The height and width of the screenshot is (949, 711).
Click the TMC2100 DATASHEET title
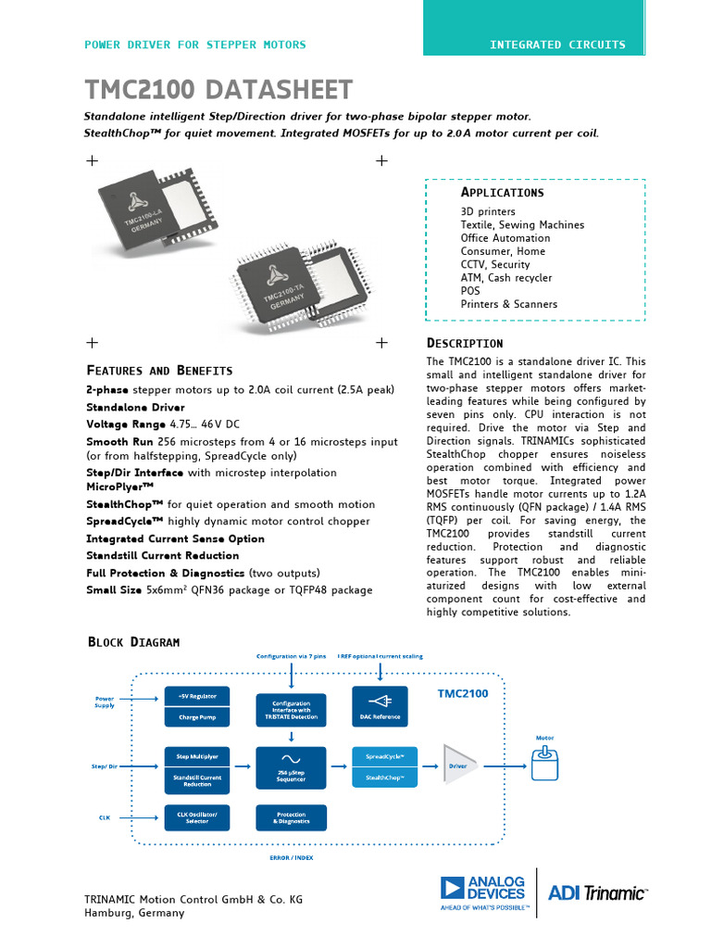click(x=218, y=90)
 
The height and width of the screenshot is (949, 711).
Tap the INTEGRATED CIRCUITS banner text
click(x=557, y=44)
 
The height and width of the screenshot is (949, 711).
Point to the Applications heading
click(x=502, y=193)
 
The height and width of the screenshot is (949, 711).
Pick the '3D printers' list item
click(x=488, y=212)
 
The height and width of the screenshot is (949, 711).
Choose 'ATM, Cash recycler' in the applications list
click(x=505, y=278)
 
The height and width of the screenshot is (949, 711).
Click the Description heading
click(x=465, y=343)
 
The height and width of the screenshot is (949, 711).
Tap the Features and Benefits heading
click(x=159, y=370)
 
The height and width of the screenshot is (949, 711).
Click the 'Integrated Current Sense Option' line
click(x=175, y=538)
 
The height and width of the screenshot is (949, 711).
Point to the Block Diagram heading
click(x=133, y=641)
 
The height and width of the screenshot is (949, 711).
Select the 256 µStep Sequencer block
click(x=291, y=767)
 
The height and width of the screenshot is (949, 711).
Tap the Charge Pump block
click(x=196, y=717)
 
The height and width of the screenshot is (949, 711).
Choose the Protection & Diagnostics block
click(x=291, y=817)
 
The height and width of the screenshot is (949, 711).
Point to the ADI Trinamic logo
click(x=597, y=892)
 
